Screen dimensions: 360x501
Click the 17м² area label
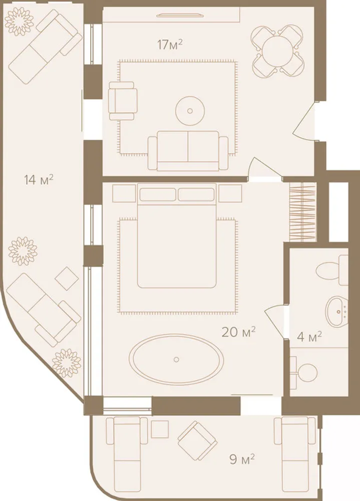[x=170, y=45]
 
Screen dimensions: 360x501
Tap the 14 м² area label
[x=39, y=180]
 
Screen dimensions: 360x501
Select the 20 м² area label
[x=239, y=332]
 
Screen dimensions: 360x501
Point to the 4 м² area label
[x=309, y=337]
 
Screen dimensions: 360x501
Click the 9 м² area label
[x=242, y=459]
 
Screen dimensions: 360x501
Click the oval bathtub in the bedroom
[x=176, y=359]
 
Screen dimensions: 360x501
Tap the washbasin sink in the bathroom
[x=336, y=311]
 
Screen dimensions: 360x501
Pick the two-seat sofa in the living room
[x=188, y=151]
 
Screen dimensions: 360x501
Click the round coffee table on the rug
[x=190, y=111]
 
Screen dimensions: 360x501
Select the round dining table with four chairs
[x=277, y=51]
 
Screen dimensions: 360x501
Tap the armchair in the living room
[x=123, y=101]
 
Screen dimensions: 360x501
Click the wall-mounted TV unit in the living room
[x=179, y=15]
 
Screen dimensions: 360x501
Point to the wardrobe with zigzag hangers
[x=303, y=212]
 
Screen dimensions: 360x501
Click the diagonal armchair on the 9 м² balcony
[x=198, y=441]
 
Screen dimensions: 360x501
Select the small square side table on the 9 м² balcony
[x=160, y=429]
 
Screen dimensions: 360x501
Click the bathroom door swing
[x=275, y=321]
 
